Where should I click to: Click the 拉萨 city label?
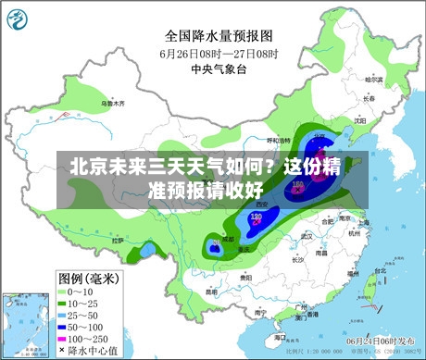tap(118, 240)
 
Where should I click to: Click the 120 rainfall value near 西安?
tap(257, 216)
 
